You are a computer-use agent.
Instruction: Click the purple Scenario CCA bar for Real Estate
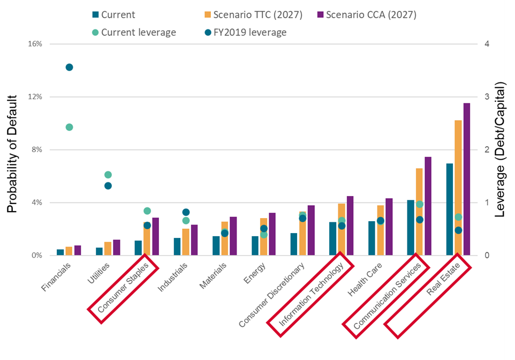[x=467, y=179]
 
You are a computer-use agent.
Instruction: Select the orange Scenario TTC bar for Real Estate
[x=458, y=187]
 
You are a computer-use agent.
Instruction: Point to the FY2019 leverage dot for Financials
[x=69, y=67]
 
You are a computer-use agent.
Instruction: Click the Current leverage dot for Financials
[x=69, y=127]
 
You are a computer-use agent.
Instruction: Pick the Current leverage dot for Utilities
[x=108, y=175]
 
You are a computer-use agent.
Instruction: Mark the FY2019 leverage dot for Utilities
[x=108, y=186]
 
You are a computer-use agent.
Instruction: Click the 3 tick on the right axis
[x=486, y=97]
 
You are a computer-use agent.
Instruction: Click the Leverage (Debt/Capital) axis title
[x=499, y=150]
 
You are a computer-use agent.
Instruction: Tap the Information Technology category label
[x=311, y=294]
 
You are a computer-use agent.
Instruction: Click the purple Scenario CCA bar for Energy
[x=272, y=234]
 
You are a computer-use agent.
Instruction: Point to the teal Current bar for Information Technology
[x=333, y=239]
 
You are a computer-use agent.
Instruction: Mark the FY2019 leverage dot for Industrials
[x=186, y=212]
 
